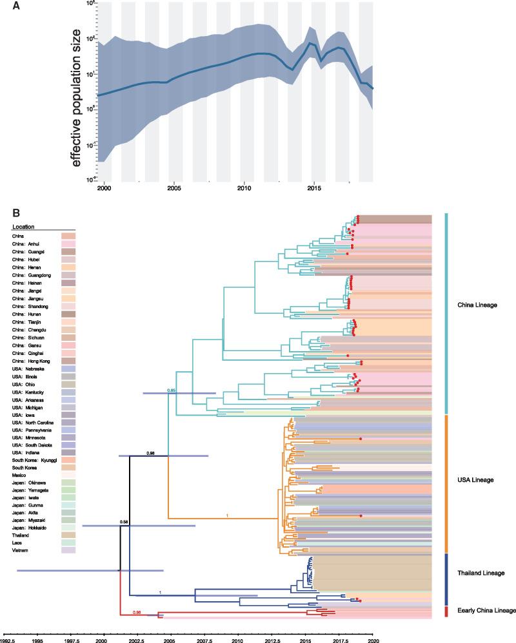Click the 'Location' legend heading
tap(23, 227)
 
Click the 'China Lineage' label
tap(477, 305)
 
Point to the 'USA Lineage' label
tap(475, 480)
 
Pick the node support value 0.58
tap(124, 521)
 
